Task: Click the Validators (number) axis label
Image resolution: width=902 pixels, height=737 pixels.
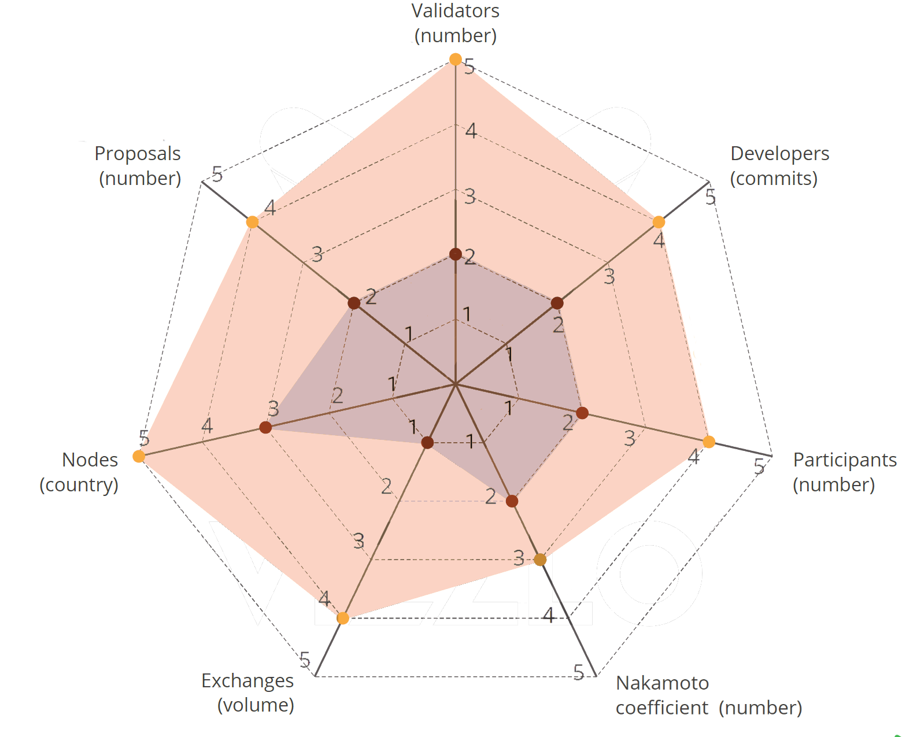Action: click(456, 23)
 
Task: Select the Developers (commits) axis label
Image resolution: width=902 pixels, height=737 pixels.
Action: click(779, 166)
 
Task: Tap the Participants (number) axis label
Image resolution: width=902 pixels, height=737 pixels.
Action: click(844, 472)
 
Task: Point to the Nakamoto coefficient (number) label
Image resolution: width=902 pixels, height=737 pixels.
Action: click(708, 695)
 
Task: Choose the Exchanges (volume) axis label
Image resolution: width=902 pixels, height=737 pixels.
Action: click(248, 692)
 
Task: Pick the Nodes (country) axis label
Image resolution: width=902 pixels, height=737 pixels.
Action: click(79, 472)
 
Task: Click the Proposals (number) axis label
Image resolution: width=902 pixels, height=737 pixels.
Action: click(138, 166)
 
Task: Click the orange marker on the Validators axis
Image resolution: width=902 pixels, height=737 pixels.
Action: click(456, 60)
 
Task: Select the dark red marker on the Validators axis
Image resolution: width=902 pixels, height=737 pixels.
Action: click(456, 254)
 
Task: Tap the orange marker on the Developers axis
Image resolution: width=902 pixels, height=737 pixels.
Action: click(659, 222)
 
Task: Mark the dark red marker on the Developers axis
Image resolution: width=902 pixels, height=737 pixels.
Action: click(557, 303)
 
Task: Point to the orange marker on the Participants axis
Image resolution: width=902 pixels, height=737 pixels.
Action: click(709, 442)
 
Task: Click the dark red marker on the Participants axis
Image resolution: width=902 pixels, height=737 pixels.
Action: click(582, 413)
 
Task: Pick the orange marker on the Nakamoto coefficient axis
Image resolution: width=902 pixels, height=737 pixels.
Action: click(540, 560)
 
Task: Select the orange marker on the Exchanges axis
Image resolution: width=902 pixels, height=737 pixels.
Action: click(343, 619)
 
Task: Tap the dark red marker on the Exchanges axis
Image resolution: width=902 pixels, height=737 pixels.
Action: click(427, 443)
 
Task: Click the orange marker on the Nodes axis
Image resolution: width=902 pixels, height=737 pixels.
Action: click(139, 457)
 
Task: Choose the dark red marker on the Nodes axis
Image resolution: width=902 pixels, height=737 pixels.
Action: click(265, 427)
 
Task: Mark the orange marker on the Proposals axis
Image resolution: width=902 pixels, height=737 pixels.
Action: click(252, 222)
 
